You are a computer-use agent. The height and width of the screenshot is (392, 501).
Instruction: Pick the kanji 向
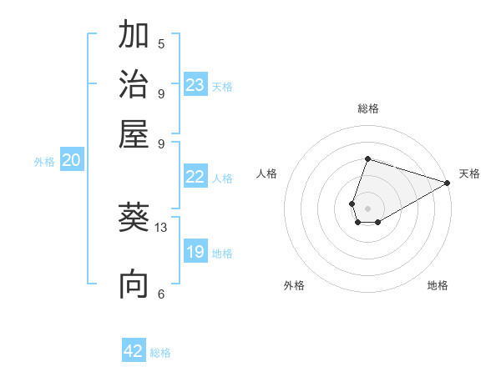point(134,284)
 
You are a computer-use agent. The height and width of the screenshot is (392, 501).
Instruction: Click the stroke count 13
point(161,227)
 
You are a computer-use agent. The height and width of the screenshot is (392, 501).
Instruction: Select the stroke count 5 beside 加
point(161,44)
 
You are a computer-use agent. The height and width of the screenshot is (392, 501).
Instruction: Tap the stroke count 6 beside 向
point(161,294)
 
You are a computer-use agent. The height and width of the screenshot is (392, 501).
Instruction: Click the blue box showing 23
point(195,84)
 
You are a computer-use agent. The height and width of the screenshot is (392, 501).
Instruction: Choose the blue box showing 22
point(195,177)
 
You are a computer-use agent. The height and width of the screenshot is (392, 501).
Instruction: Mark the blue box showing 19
point(195,252)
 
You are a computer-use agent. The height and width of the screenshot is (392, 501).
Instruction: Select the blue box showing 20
point(71,161)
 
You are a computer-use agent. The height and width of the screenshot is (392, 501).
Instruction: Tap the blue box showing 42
point(134,351)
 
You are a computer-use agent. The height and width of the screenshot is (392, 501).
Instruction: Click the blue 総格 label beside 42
point(160,353)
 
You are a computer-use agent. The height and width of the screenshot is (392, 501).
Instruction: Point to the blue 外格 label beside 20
point(44,162)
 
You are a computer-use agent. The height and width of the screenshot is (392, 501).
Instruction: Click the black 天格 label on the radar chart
point(469,173)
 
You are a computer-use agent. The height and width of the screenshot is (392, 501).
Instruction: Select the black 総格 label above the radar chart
point(367,109)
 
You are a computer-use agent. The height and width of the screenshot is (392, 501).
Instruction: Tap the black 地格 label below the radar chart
point(438,286)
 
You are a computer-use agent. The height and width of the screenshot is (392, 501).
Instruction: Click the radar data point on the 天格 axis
point(447,183)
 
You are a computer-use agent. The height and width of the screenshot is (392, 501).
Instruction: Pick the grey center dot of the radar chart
point(367,208)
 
